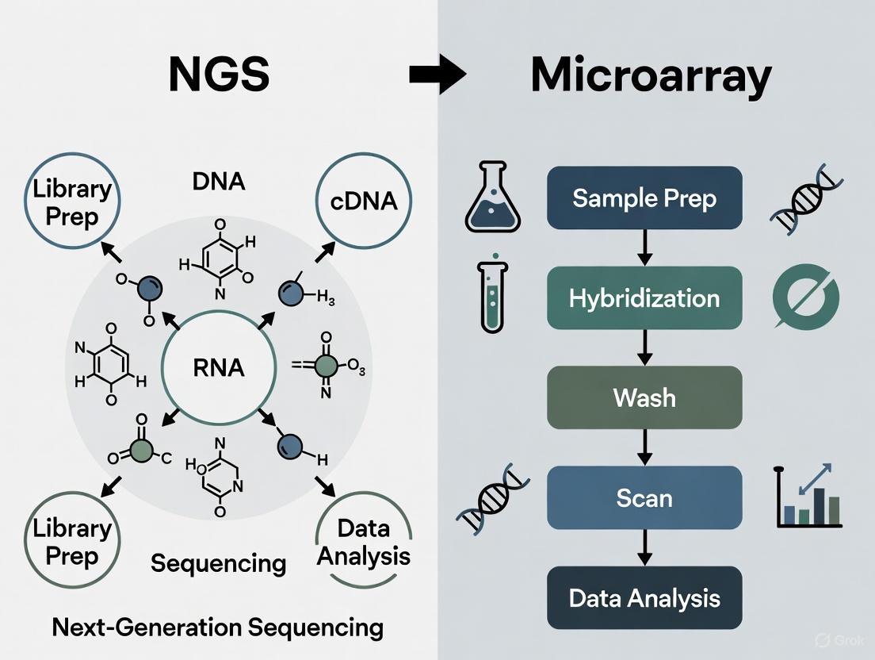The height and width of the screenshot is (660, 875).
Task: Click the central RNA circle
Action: (212, 367)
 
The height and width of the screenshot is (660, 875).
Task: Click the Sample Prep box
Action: (644, 198)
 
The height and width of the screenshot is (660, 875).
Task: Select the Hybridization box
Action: (644, 298)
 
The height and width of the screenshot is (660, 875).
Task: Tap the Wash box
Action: (644, 397)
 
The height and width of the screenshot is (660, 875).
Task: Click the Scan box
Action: (644, 497)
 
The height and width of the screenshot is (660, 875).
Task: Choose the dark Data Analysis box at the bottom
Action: (644, 597)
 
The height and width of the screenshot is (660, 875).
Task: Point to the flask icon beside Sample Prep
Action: (493, 198)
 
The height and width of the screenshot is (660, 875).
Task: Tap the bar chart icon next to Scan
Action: (808, 497)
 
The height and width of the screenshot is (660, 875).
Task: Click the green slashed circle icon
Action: (805, 299)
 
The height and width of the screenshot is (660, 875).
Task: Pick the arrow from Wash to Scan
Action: (644, 447)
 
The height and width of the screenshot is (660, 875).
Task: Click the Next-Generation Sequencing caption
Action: (217, 627)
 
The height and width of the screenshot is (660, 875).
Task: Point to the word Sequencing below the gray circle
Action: (218, 562)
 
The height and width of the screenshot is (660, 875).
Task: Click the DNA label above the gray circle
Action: (218, 181)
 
